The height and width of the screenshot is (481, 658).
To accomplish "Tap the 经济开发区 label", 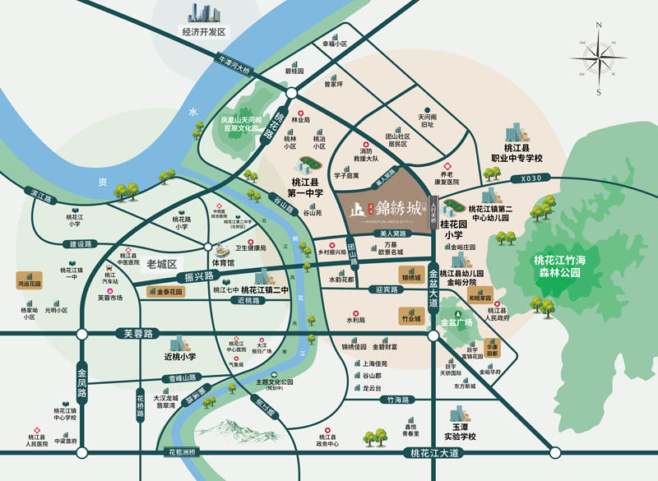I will (204, 32).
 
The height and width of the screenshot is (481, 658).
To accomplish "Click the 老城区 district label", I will (162, 264).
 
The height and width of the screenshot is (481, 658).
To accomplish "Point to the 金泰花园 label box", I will (167, 290).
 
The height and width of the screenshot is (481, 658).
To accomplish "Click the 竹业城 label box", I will (410, 317).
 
